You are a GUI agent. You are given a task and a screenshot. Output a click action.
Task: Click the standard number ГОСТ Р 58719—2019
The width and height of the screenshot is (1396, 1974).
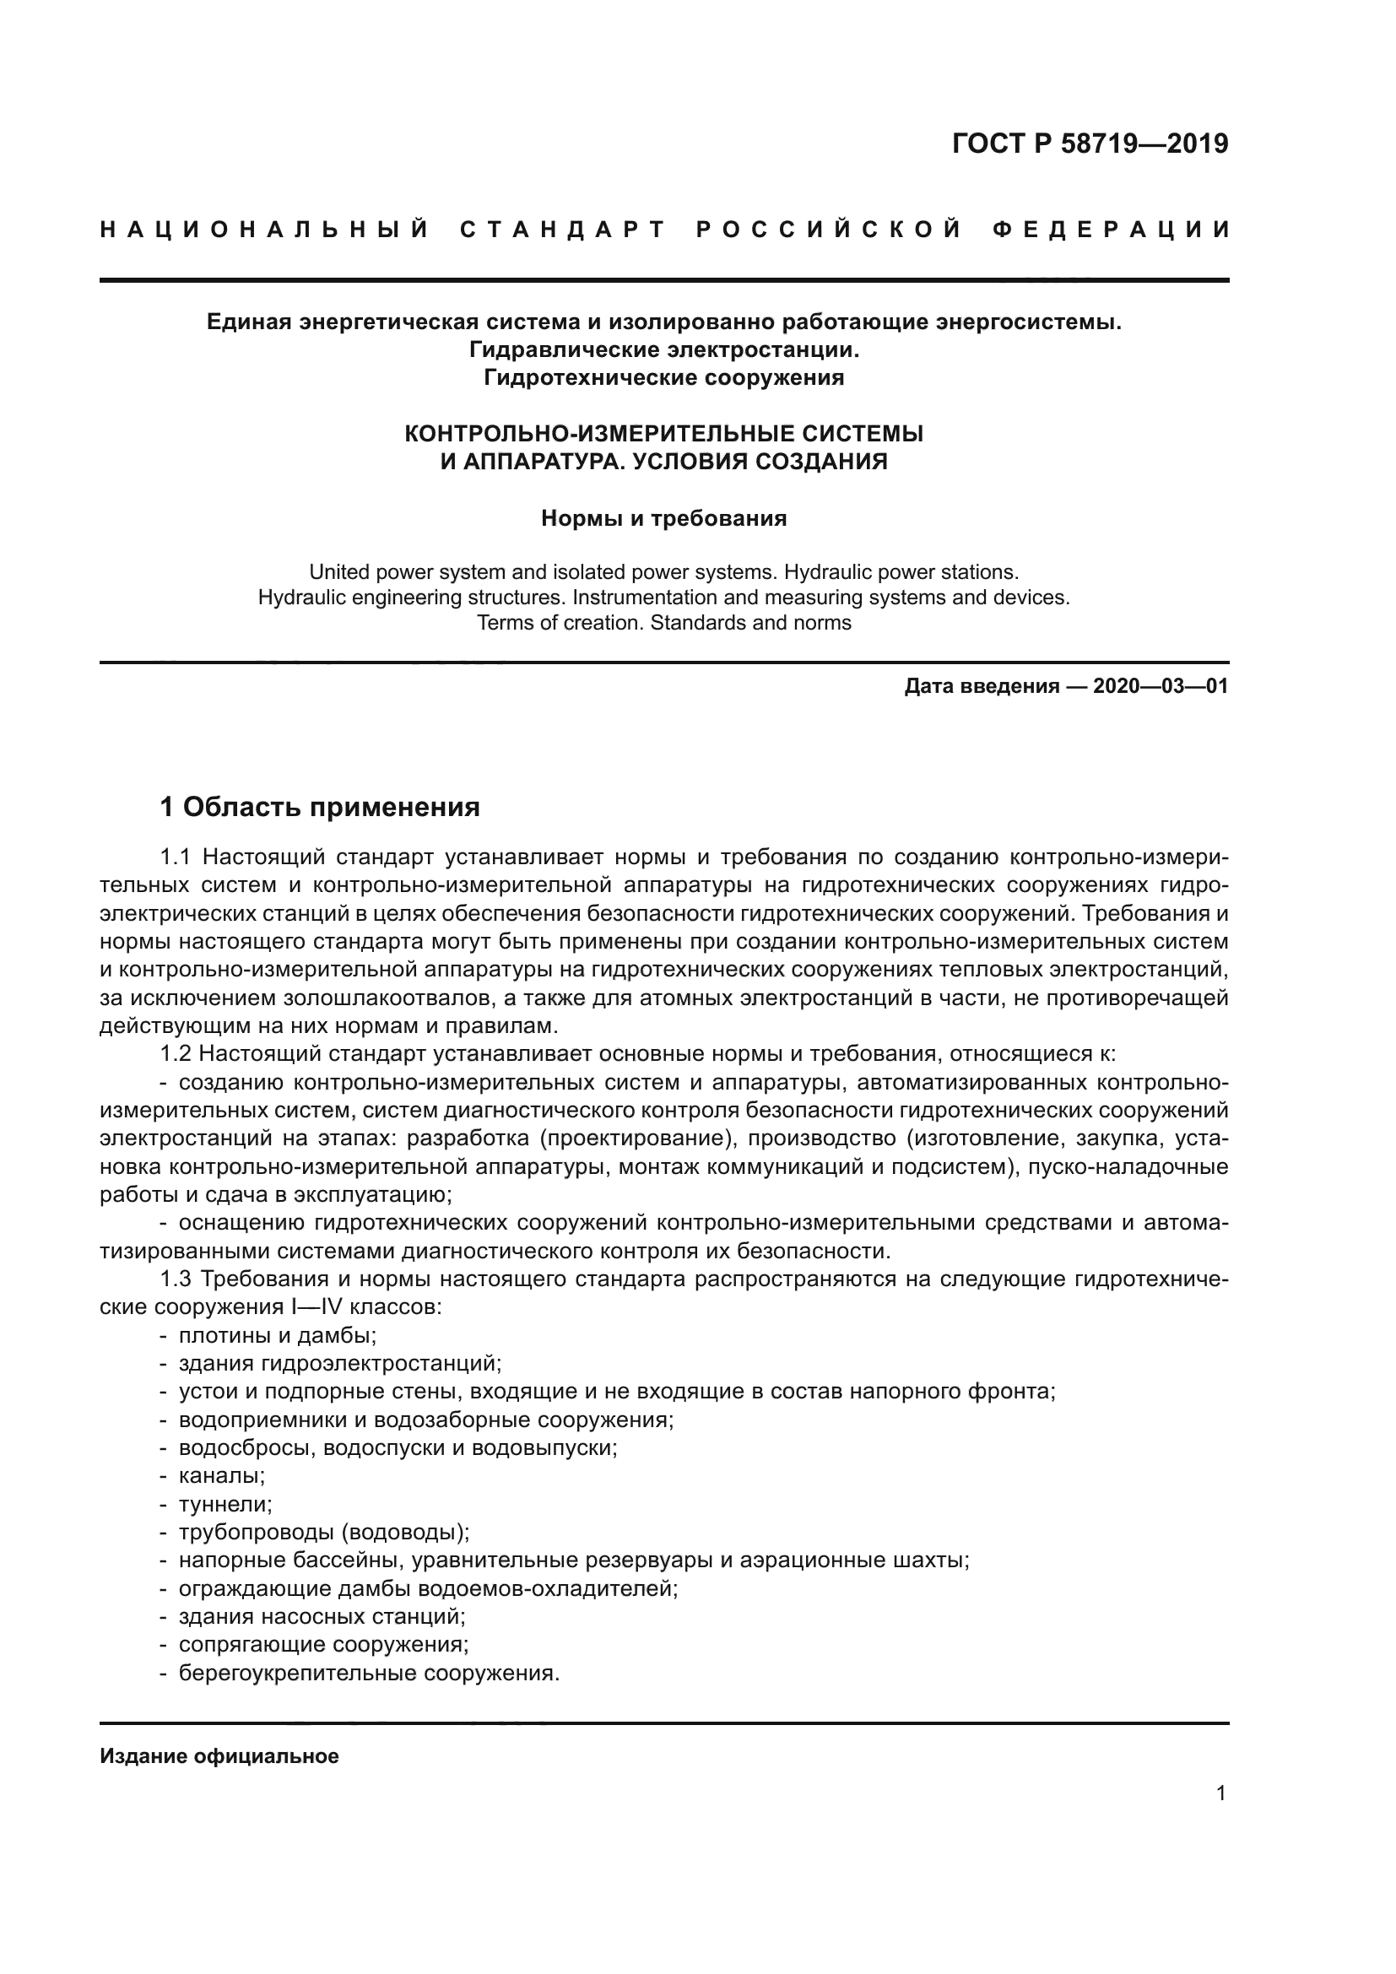1090,143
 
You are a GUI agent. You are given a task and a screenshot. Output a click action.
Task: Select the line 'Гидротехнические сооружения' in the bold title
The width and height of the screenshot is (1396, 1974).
663,377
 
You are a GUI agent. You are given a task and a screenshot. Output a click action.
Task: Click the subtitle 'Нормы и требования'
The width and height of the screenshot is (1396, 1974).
663,518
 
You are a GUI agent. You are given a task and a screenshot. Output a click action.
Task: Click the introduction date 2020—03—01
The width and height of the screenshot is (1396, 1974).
1161,686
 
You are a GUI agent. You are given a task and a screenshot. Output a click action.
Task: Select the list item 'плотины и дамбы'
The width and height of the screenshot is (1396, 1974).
277,1336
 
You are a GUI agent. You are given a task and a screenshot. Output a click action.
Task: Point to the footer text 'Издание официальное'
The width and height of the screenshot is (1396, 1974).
219,1756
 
